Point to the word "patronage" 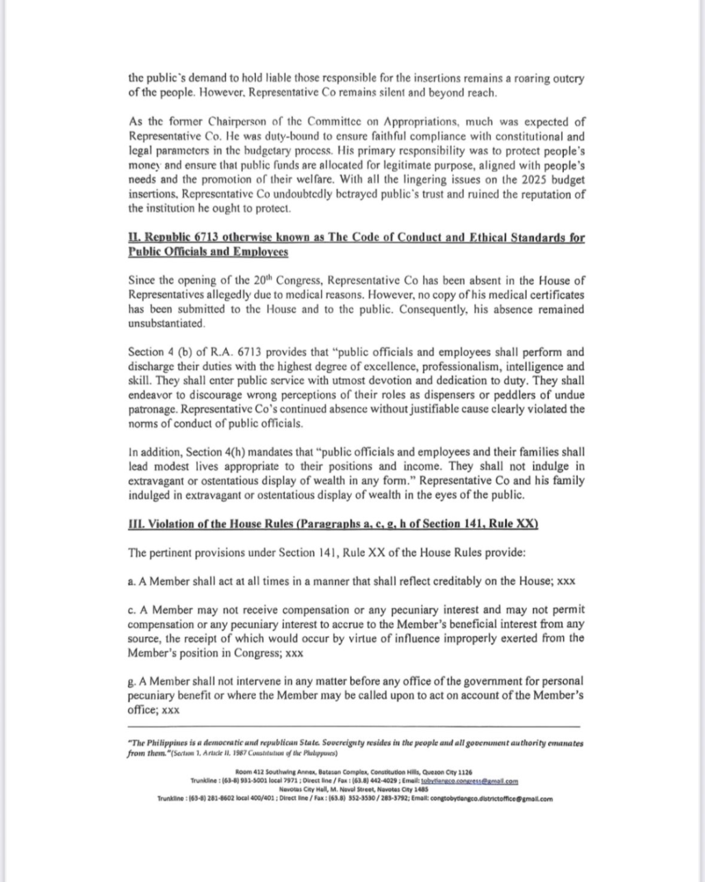click(151, 409)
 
